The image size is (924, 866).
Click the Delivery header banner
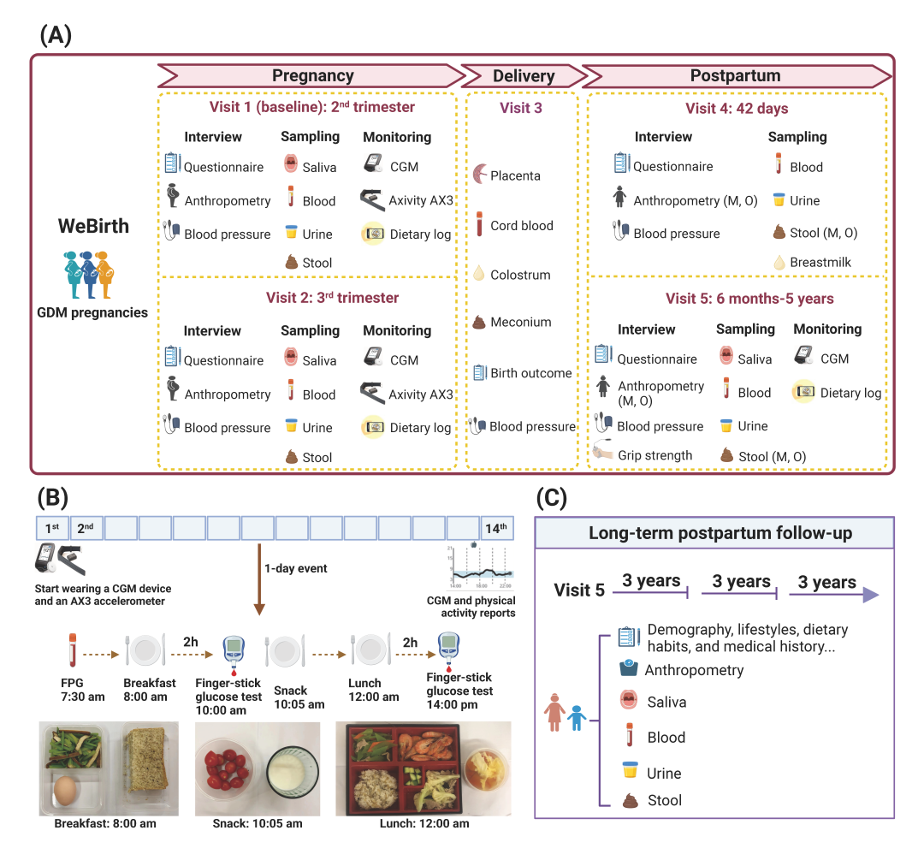(x=524, y=76)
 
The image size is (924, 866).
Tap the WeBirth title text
(x=93, y=227)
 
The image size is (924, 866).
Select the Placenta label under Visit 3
(x=515, y=176)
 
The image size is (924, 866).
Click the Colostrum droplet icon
(x=479, y=274)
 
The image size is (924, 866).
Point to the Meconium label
(x=520, y=323)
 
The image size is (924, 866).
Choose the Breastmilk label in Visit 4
(x=820, y=262)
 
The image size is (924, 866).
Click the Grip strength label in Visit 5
(x=656, y=455)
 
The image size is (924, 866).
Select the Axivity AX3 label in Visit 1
(x=421, y=201)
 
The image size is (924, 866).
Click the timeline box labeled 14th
(x=497, y=528)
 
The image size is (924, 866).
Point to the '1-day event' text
(x=296, y=569)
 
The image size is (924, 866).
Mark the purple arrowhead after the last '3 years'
(x=870, y=594)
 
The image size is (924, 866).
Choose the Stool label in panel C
(x=664, y=801)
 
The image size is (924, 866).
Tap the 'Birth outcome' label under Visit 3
(x=530, y=373)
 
